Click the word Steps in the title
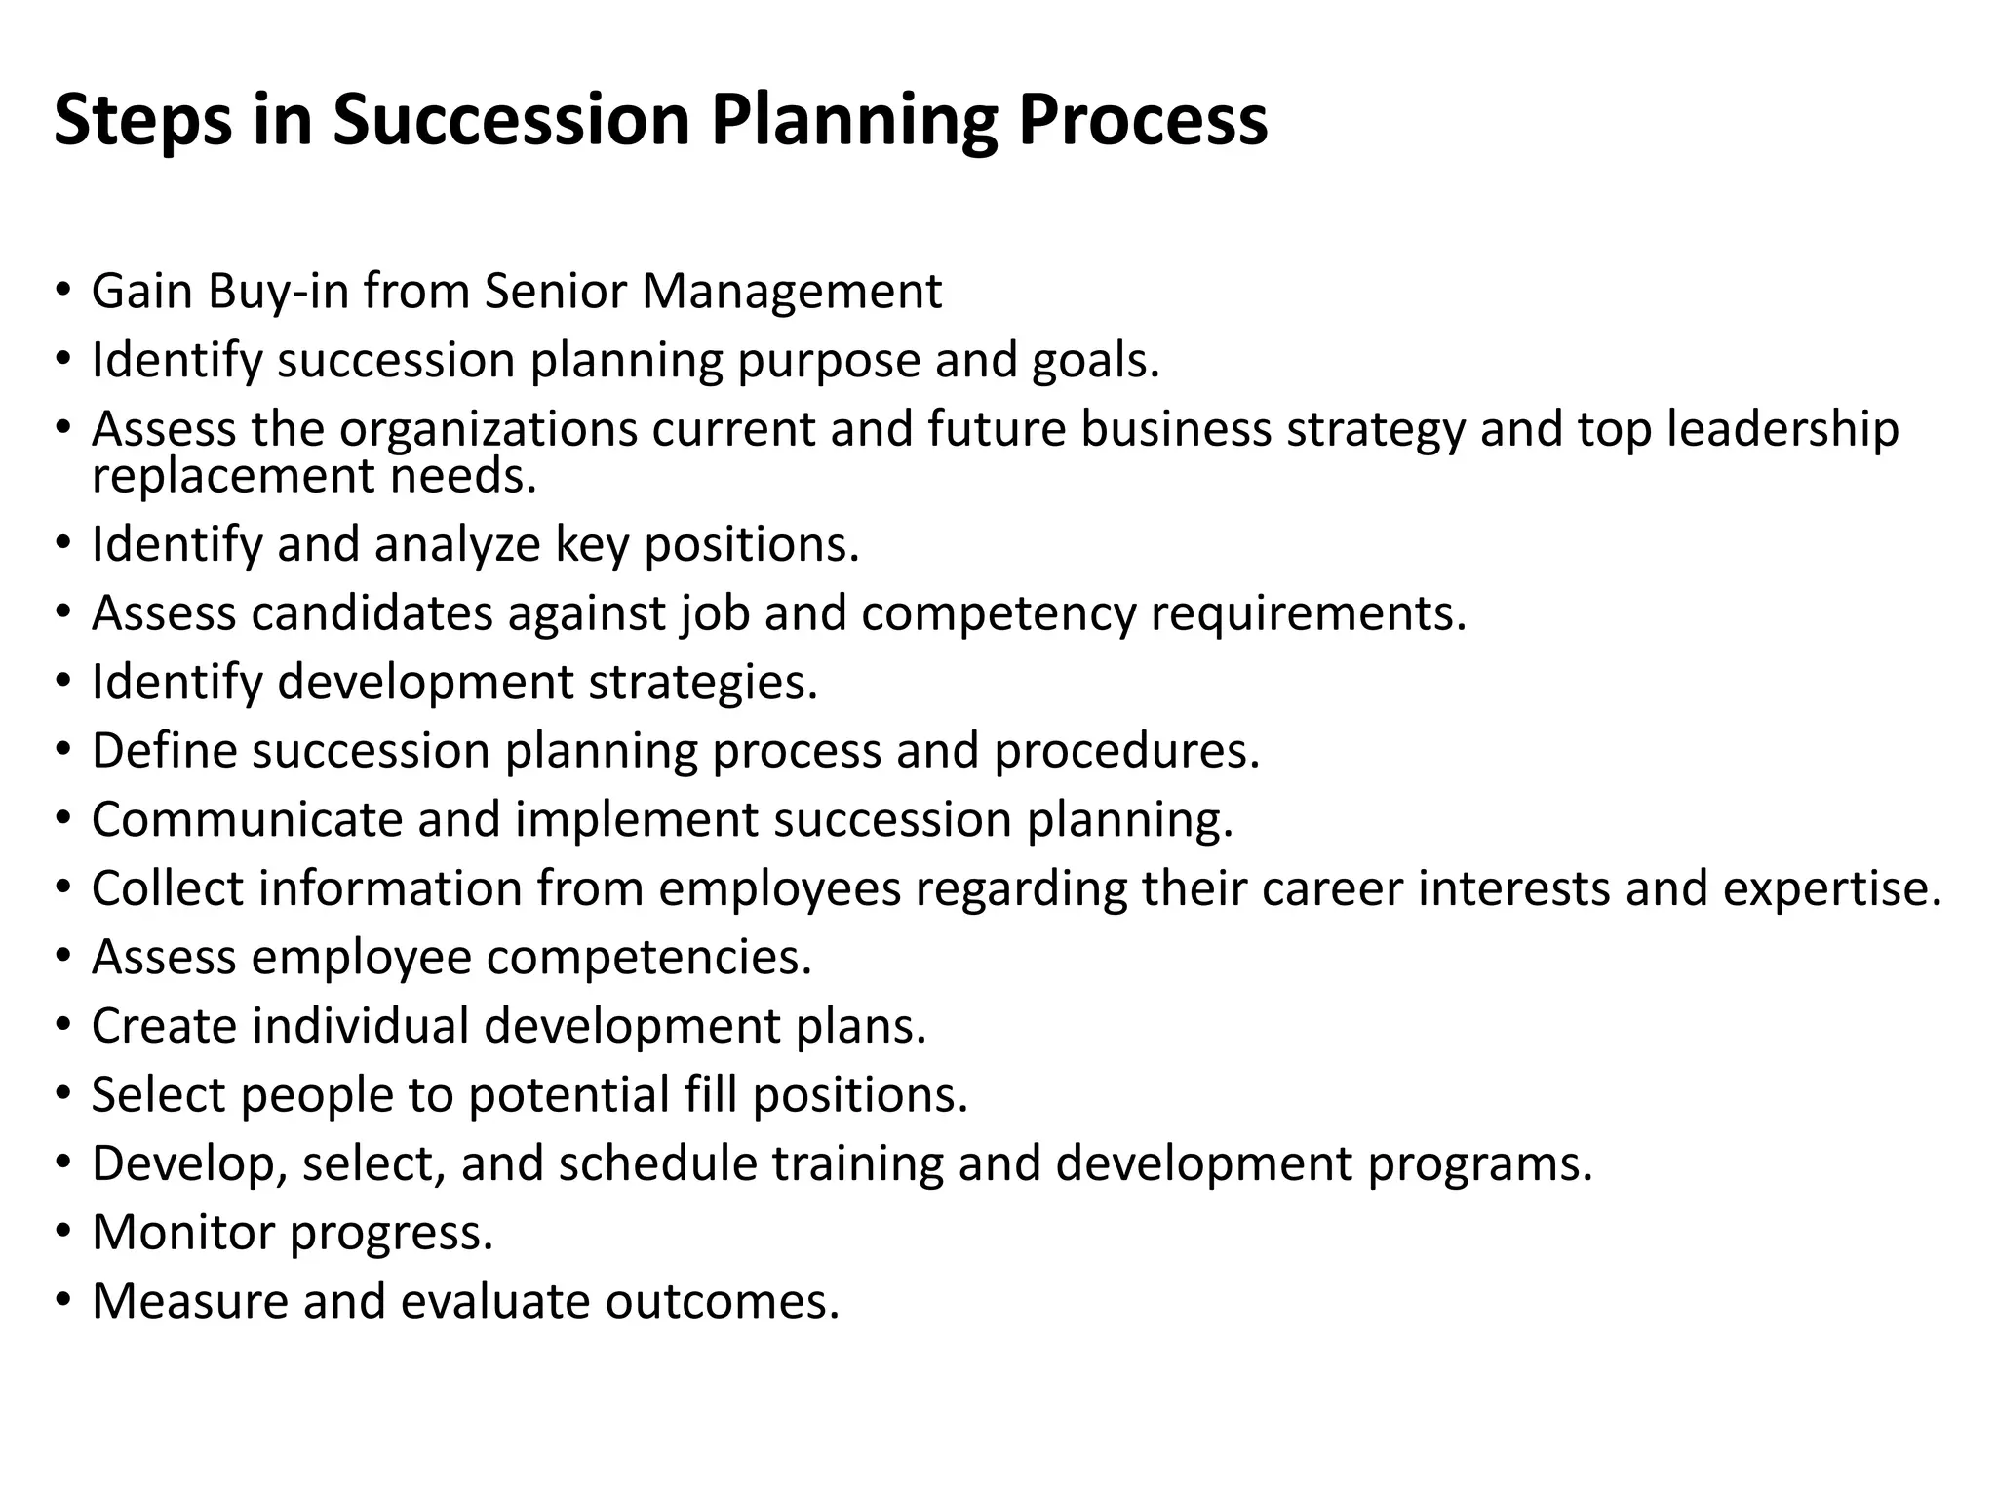(x=142, y=120)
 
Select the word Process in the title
(x=1143, y=120)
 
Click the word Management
(x=791, y=291)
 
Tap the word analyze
(x=457, y=544)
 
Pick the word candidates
(x=372, y=613)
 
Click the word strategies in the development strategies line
(x=702, y=682)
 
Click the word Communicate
(x=247, y=819)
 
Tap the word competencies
(x=648, y=957)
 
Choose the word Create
(x=164, y=1026)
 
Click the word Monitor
(x=183, y=1232)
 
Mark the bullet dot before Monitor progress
(x=63, y=1232)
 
